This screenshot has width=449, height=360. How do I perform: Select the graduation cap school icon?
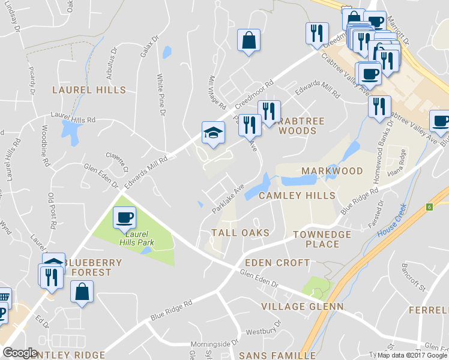tap(213, 133)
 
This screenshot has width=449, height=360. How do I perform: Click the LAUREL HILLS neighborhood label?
tap(89, 90)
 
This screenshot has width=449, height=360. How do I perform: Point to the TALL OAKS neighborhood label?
tap(240, 232)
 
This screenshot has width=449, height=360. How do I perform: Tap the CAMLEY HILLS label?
tap(297, 196)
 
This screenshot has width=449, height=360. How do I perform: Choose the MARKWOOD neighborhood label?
tap(332, 171)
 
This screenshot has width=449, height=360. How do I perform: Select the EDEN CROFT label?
tap(277, 263)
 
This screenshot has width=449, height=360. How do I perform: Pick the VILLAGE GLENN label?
tap(303, 307)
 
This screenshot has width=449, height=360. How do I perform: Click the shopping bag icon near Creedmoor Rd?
tap(249, 41)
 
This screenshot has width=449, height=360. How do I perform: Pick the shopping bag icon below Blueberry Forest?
tap(82, 292)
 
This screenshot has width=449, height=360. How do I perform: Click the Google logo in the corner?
tap(20, 353)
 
